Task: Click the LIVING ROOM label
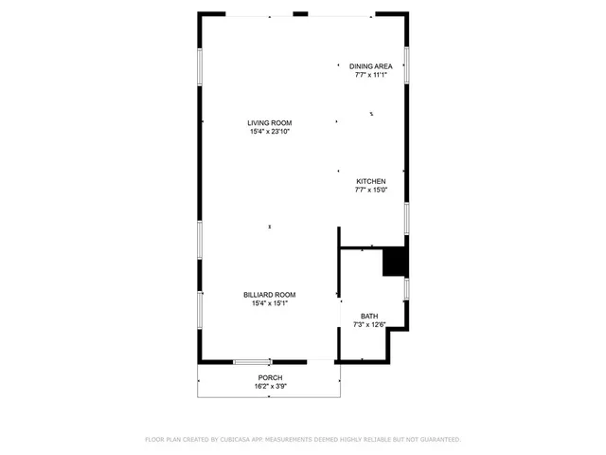(269, 123)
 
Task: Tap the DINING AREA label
(370, 66)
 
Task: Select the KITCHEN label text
(370, 181)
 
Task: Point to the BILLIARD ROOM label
(269, 295)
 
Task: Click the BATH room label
(368, 317)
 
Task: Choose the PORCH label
(269, 378)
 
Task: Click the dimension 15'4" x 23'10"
(269, 132)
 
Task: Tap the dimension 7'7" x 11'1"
(370, 75)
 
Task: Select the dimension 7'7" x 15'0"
(370, 190)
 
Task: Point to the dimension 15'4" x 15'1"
(269, 303)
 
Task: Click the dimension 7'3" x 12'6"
(368, 325)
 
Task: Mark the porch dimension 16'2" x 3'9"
(269, 387)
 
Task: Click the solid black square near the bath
(394, 262)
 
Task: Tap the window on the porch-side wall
(253, 361)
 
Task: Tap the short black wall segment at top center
(300, 14)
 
